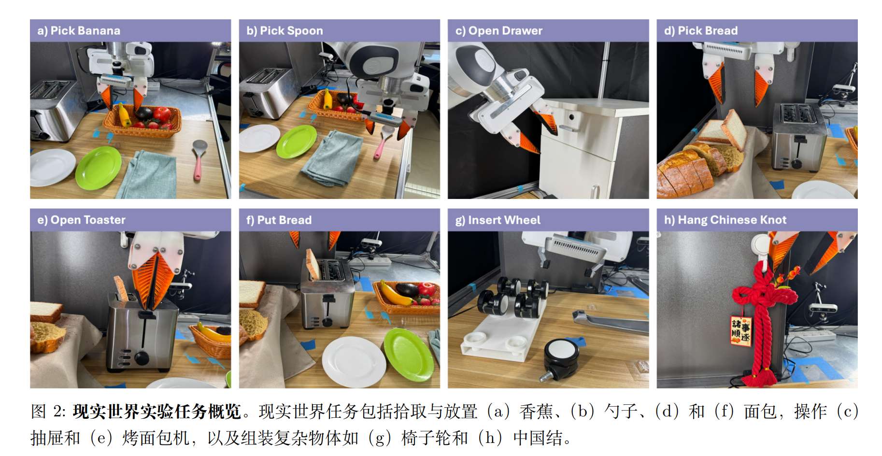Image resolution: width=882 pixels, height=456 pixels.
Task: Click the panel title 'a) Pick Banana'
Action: [x=79, y=30]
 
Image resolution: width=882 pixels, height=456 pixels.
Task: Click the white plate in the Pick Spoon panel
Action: [x=259, y=138]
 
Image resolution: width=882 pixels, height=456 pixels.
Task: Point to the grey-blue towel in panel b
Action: [x=333, y=157]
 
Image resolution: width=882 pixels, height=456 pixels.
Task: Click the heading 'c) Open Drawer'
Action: [x=498, y=30]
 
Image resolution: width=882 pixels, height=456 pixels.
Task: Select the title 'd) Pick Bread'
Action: [x=701, y=30]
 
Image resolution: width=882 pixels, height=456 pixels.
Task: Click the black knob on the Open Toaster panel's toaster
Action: [x=142, y=358]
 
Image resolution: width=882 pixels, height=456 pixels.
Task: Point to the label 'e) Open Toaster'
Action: [x=81, y=220]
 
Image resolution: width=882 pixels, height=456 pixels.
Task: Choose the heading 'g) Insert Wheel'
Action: [x=498, y=220]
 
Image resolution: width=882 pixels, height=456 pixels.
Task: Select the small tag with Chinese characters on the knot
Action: [x=740, y=330]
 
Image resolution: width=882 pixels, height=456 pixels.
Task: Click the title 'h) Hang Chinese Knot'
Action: [x=725, y=220]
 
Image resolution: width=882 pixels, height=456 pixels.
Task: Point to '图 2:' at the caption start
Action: [x=49, y=412]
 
